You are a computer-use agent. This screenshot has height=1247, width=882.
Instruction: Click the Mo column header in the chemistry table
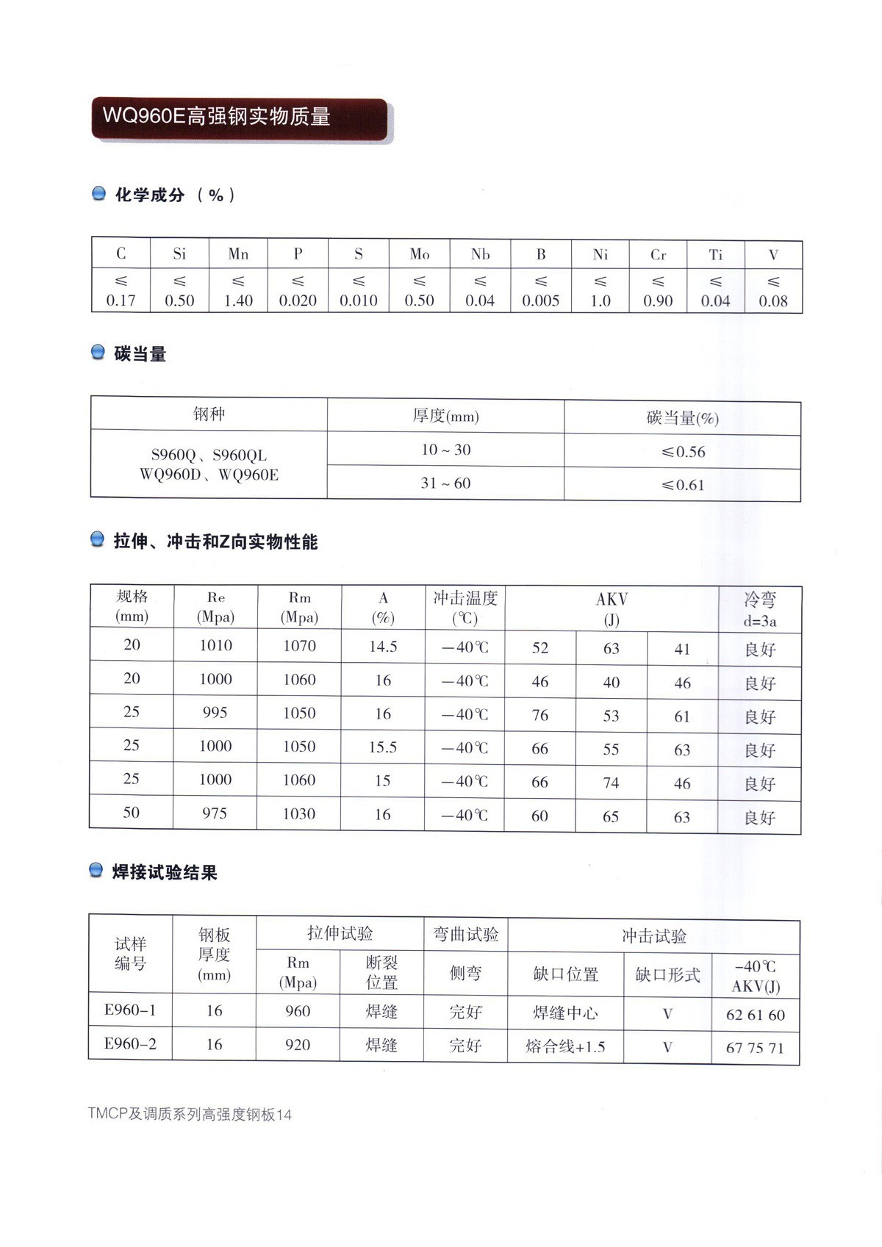click(419, 254)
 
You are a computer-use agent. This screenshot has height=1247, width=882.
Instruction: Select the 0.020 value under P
click(298, 301)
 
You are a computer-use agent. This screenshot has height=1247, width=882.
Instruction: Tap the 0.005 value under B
click(540, 301)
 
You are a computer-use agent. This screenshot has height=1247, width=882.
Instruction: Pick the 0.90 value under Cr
click(658, 301)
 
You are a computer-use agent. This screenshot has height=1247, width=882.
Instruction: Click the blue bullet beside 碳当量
click(98, 353)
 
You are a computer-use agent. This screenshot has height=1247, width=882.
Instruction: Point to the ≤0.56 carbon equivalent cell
click(683, 452)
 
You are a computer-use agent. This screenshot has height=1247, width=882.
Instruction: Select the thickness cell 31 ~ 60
click(445, 484)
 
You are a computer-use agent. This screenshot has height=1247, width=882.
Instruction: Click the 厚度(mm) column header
click(445, 417)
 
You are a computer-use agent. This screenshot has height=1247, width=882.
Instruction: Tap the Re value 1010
click(215, 646)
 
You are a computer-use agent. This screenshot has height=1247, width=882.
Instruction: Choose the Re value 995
click(215, 713)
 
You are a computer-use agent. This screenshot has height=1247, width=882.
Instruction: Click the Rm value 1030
click(299, 814)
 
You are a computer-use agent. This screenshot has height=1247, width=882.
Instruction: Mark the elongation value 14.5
click(383, 647)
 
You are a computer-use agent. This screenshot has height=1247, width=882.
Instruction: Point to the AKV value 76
click(540, 716)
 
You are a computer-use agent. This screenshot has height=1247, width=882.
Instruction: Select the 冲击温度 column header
click(465, 608)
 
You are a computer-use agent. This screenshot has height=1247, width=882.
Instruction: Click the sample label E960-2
click(130, 1044)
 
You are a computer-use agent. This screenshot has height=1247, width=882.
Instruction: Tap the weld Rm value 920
click(298, 1045)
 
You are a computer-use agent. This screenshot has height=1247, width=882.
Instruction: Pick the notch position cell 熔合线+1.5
click(565, 1046)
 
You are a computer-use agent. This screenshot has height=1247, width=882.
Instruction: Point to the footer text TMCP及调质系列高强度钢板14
click(190, 1115)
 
